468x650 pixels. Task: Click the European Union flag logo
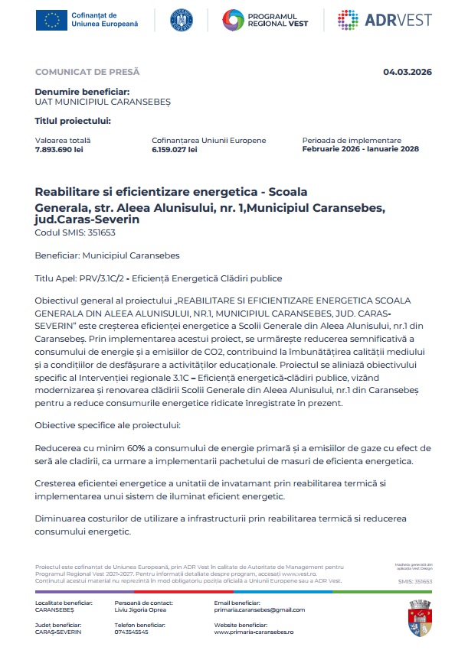tap(52, 21)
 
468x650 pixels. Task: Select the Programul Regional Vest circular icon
tap(234, 21)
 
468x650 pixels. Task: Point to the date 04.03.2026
tap(407, 72)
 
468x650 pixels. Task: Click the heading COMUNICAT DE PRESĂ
tap(87, 72)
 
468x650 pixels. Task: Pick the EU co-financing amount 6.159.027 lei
tap(175, 149)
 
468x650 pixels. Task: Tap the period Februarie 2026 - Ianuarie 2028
tap(360, 149)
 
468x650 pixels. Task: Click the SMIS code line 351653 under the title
tap(70, 232)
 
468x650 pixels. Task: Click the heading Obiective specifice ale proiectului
tap(106, 424)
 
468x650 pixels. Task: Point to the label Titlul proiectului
tap(73, 120)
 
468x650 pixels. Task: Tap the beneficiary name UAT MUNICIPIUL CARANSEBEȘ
tap(103, 101)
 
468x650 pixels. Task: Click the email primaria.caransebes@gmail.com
tap(260, 610)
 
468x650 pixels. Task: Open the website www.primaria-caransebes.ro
tap(254, 632)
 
